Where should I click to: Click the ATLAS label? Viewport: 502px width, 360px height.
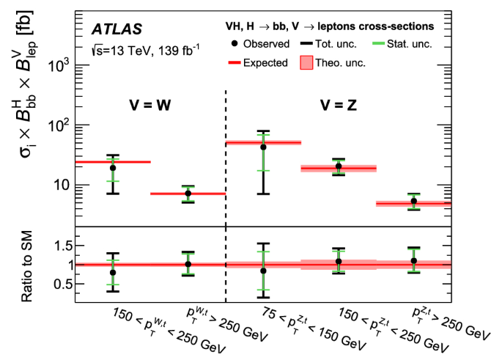click(117, 29)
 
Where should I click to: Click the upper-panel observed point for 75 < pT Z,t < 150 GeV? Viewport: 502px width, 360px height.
click(263, 147)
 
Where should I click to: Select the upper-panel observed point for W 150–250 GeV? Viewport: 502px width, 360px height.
click(113, 168)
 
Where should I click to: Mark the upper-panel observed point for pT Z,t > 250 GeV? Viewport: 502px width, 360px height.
click(414, 201)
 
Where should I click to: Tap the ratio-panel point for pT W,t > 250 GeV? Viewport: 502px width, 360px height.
click(188, 264)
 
